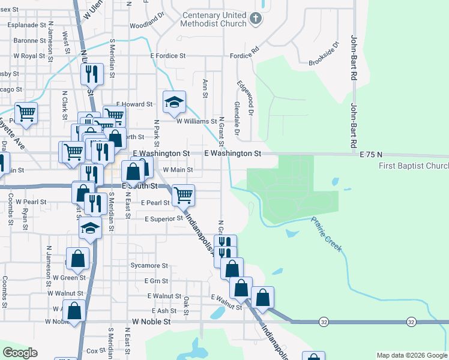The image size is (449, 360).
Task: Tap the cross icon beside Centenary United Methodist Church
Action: pos(256,18)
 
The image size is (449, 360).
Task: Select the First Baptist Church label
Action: pos(414,166)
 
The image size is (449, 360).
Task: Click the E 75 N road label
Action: pos(371,155)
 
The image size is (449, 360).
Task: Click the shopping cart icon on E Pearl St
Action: pos(183,194)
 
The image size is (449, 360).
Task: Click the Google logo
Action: pos(20,353)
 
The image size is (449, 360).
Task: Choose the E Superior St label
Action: pos(163,218)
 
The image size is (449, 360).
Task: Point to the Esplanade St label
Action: pos(26,25)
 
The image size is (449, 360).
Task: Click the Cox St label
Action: pos(96,350)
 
